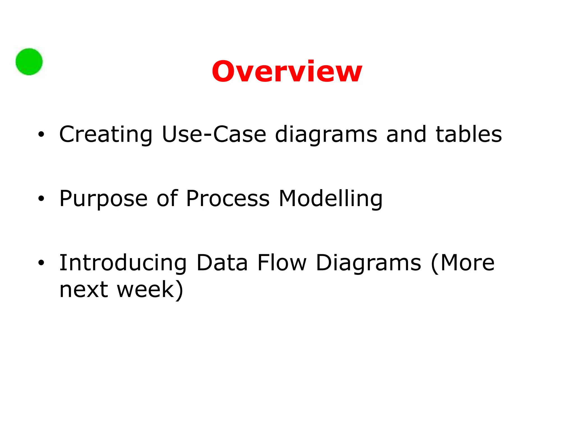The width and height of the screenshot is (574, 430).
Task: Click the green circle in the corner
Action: (29, 62)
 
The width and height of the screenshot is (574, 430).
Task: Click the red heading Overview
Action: (287, 72)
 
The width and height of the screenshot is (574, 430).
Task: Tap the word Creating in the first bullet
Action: (106, 135)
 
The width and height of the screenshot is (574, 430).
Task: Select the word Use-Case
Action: (214, 134)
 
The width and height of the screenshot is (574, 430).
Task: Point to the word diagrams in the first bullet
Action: (326, 135)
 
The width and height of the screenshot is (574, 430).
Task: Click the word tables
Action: (469, 134)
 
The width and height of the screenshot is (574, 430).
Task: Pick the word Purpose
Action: (103, 199)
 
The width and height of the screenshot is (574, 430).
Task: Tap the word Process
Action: (228, 198)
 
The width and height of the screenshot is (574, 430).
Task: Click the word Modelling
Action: (330, 199)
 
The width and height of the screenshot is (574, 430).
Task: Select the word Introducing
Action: (123, 263)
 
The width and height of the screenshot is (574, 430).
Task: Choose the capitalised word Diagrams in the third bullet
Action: (368, 263)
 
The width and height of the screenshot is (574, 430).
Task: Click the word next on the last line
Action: (84, 289)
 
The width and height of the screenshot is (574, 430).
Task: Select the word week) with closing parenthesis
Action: (150, 289)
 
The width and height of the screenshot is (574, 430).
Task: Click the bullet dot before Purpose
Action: (41, 199)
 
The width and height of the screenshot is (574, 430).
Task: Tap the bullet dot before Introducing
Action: (41, 263)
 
